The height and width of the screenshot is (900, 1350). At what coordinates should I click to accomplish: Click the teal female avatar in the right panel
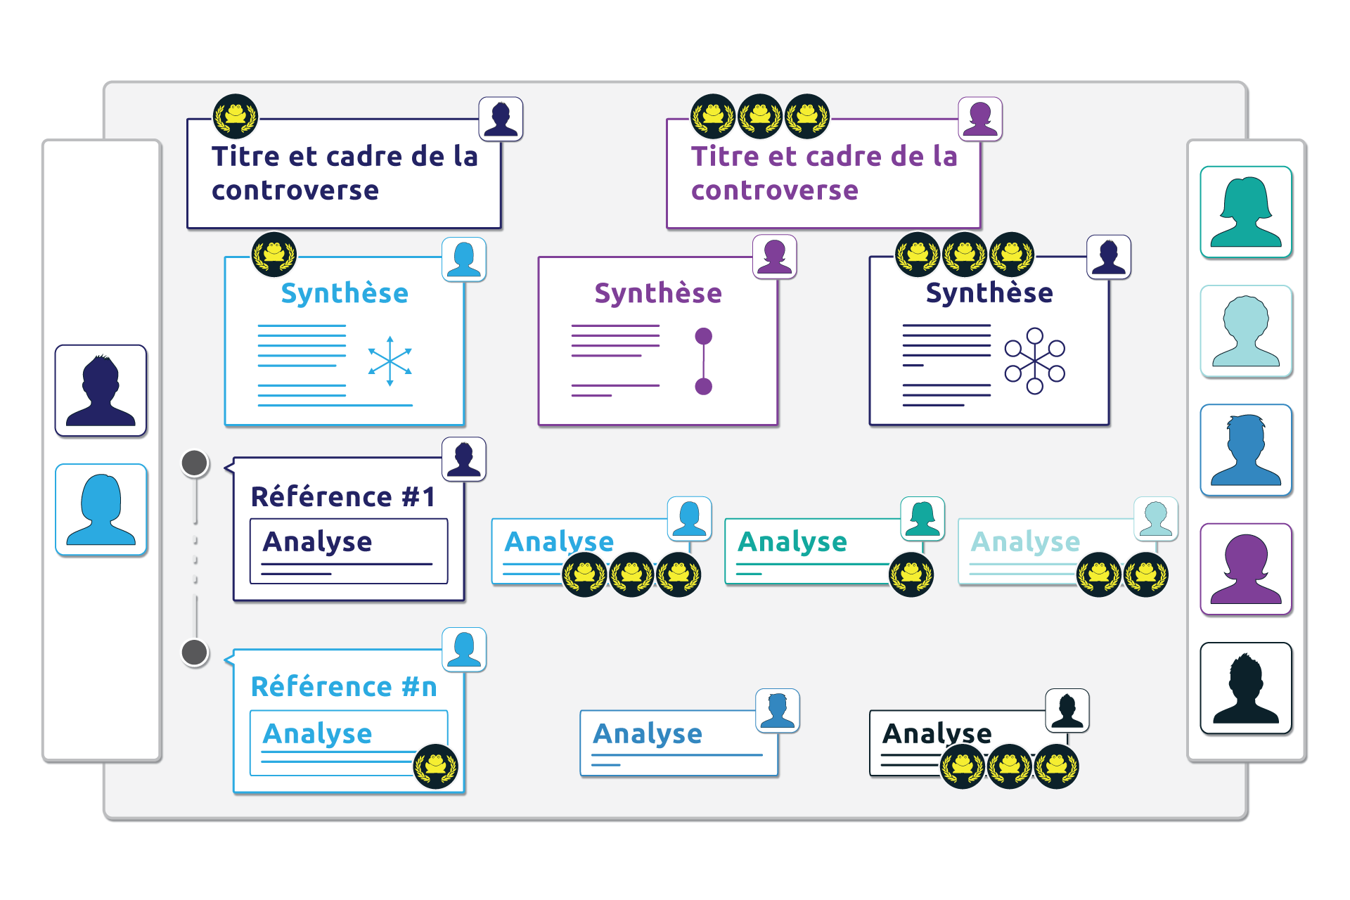[1246, 212]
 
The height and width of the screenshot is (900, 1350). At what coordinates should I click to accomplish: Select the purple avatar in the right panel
[1246, 570]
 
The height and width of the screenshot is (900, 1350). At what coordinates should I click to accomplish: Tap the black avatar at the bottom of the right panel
[1246, 688]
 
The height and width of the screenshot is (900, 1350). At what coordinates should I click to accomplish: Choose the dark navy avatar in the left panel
[101, 391]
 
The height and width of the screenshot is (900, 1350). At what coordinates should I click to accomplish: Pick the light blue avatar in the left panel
[101, 510]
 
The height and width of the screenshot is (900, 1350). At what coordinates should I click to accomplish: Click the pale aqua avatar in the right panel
[1246, 331]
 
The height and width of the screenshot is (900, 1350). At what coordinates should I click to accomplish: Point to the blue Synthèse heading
[345, 293]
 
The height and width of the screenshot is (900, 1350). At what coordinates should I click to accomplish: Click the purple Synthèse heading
[658, 293]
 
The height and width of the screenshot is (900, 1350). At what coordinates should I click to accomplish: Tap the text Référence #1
[344, 497]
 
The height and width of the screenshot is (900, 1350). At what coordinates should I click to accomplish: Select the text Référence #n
[344, 687]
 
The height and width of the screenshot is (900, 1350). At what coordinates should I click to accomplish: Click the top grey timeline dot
[195, 463]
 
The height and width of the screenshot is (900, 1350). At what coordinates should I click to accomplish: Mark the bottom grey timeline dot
[195, 652]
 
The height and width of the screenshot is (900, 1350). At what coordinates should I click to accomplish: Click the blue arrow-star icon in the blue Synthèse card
[390, 361]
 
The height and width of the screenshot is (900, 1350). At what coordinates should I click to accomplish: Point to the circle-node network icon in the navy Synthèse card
[1034, 361]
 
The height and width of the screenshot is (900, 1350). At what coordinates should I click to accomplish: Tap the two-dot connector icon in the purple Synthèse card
[703, 361]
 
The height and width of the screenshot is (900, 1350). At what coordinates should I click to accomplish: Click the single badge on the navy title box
[236, 116]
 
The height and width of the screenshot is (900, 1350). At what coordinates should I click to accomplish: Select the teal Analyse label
[792, 542]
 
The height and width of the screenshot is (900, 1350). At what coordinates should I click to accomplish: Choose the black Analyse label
[937, 734]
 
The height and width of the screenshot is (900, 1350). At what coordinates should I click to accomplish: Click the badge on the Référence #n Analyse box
[436, 766]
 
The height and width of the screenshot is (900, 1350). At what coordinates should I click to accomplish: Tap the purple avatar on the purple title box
[980, 119]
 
